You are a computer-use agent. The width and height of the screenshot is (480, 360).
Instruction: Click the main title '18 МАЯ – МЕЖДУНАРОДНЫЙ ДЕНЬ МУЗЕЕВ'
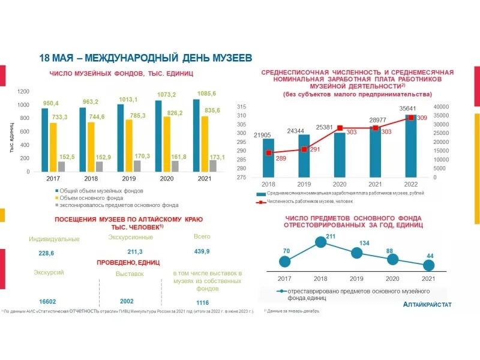[x=146, y=58]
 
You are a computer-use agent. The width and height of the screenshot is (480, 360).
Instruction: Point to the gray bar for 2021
[x=212, y=166]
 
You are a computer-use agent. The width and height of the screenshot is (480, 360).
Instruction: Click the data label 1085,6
[x=206, y=94]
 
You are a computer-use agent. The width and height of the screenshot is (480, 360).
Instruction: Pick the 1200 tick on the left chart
[x=23, y=91]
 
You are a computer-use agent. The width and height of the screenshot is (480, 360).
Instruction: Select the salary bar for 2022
[x=410, y=146]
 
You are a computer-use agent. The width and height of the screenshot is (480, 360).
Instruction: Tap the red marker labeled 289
[x=269, y=153]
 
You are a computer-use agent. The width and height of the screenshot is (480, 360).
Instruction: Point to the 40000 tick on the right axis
[x=440, y=106]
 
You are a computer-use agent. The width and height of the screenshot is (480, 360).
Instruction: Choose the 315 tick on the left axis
[x=241, y=106]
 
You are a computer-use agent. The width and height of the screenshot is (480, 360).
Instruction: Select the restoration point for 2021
[x=428, y=265]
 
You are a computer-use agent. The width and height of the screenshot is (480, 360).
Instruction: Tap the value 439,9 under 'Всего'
[x=202, y=251]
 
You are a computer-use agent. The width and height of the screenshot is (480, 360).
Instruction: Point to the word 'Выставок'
[x=130, y=274]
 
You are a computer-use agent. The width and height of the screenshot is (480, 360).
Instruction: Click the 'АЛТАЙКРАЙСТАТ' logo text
[x=428, y=305]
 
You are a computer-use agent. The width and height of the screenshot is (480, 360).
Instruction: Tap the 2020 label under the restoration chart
[x=392, y=278]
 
